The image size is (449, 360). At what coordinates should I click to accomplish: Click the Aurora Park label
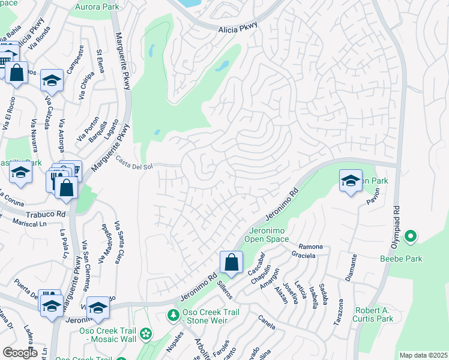(97, 7)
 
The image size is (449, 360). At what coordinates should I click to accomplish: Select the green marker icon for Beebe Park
(410, 237)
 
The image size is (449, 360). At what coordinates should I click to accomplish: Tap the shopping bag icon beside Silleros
(231, 262)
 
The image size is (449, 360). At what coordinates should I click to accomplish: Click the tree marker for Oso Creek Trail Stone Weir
(173, 315)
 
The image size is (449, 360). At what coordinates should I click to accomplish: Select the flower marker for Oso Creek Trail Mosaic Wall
(145, 333)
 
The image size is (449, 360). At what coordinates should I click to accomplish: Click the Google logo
(20, 352)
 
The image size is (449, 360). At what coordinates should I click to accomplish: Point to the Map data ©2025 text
(423, 355)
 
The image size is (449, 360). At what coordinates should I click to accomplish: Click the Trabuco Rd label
(45, 214)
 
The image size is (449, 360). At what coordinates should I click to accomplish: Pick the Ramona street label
(310, 247)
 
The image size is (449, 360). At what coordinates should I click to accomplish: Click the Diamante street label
(354, 266)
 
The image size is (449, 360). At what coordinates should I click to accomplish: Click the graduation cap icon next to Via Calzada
(52, 81)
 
